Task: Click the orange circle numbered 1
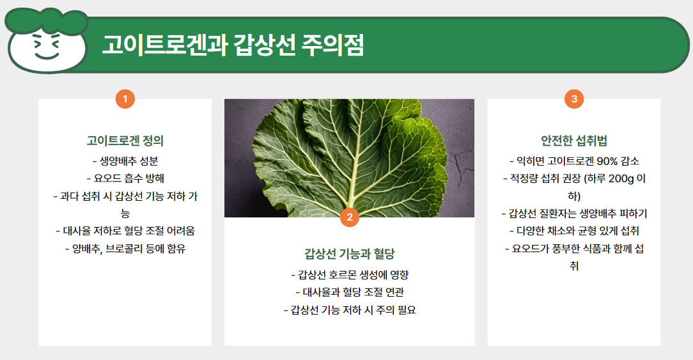coord(125,99)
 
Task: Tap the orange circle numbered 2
coord(349,217)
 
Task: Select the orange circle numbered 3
coord(574,99)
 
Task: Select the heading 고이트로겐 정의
coord(125,141)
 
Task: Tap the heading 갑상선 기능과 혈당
coord(349,253)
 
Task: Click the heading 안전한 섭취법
coord(574,141)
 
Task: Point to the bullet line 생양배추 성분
coord(125,161)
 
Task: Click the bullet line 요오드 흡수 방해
coord(125,178)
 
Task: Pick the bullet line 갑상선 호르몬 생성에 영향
coord(349,275)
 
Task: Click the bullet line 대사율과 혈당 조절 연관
coord(349,293)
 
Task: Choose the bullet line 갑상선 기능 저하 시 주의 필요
coord(349,310)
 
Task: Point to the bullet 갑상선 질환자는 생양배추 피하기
coord(574,214)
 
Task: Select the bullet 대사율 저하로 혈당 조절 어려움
coord(125,231)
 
